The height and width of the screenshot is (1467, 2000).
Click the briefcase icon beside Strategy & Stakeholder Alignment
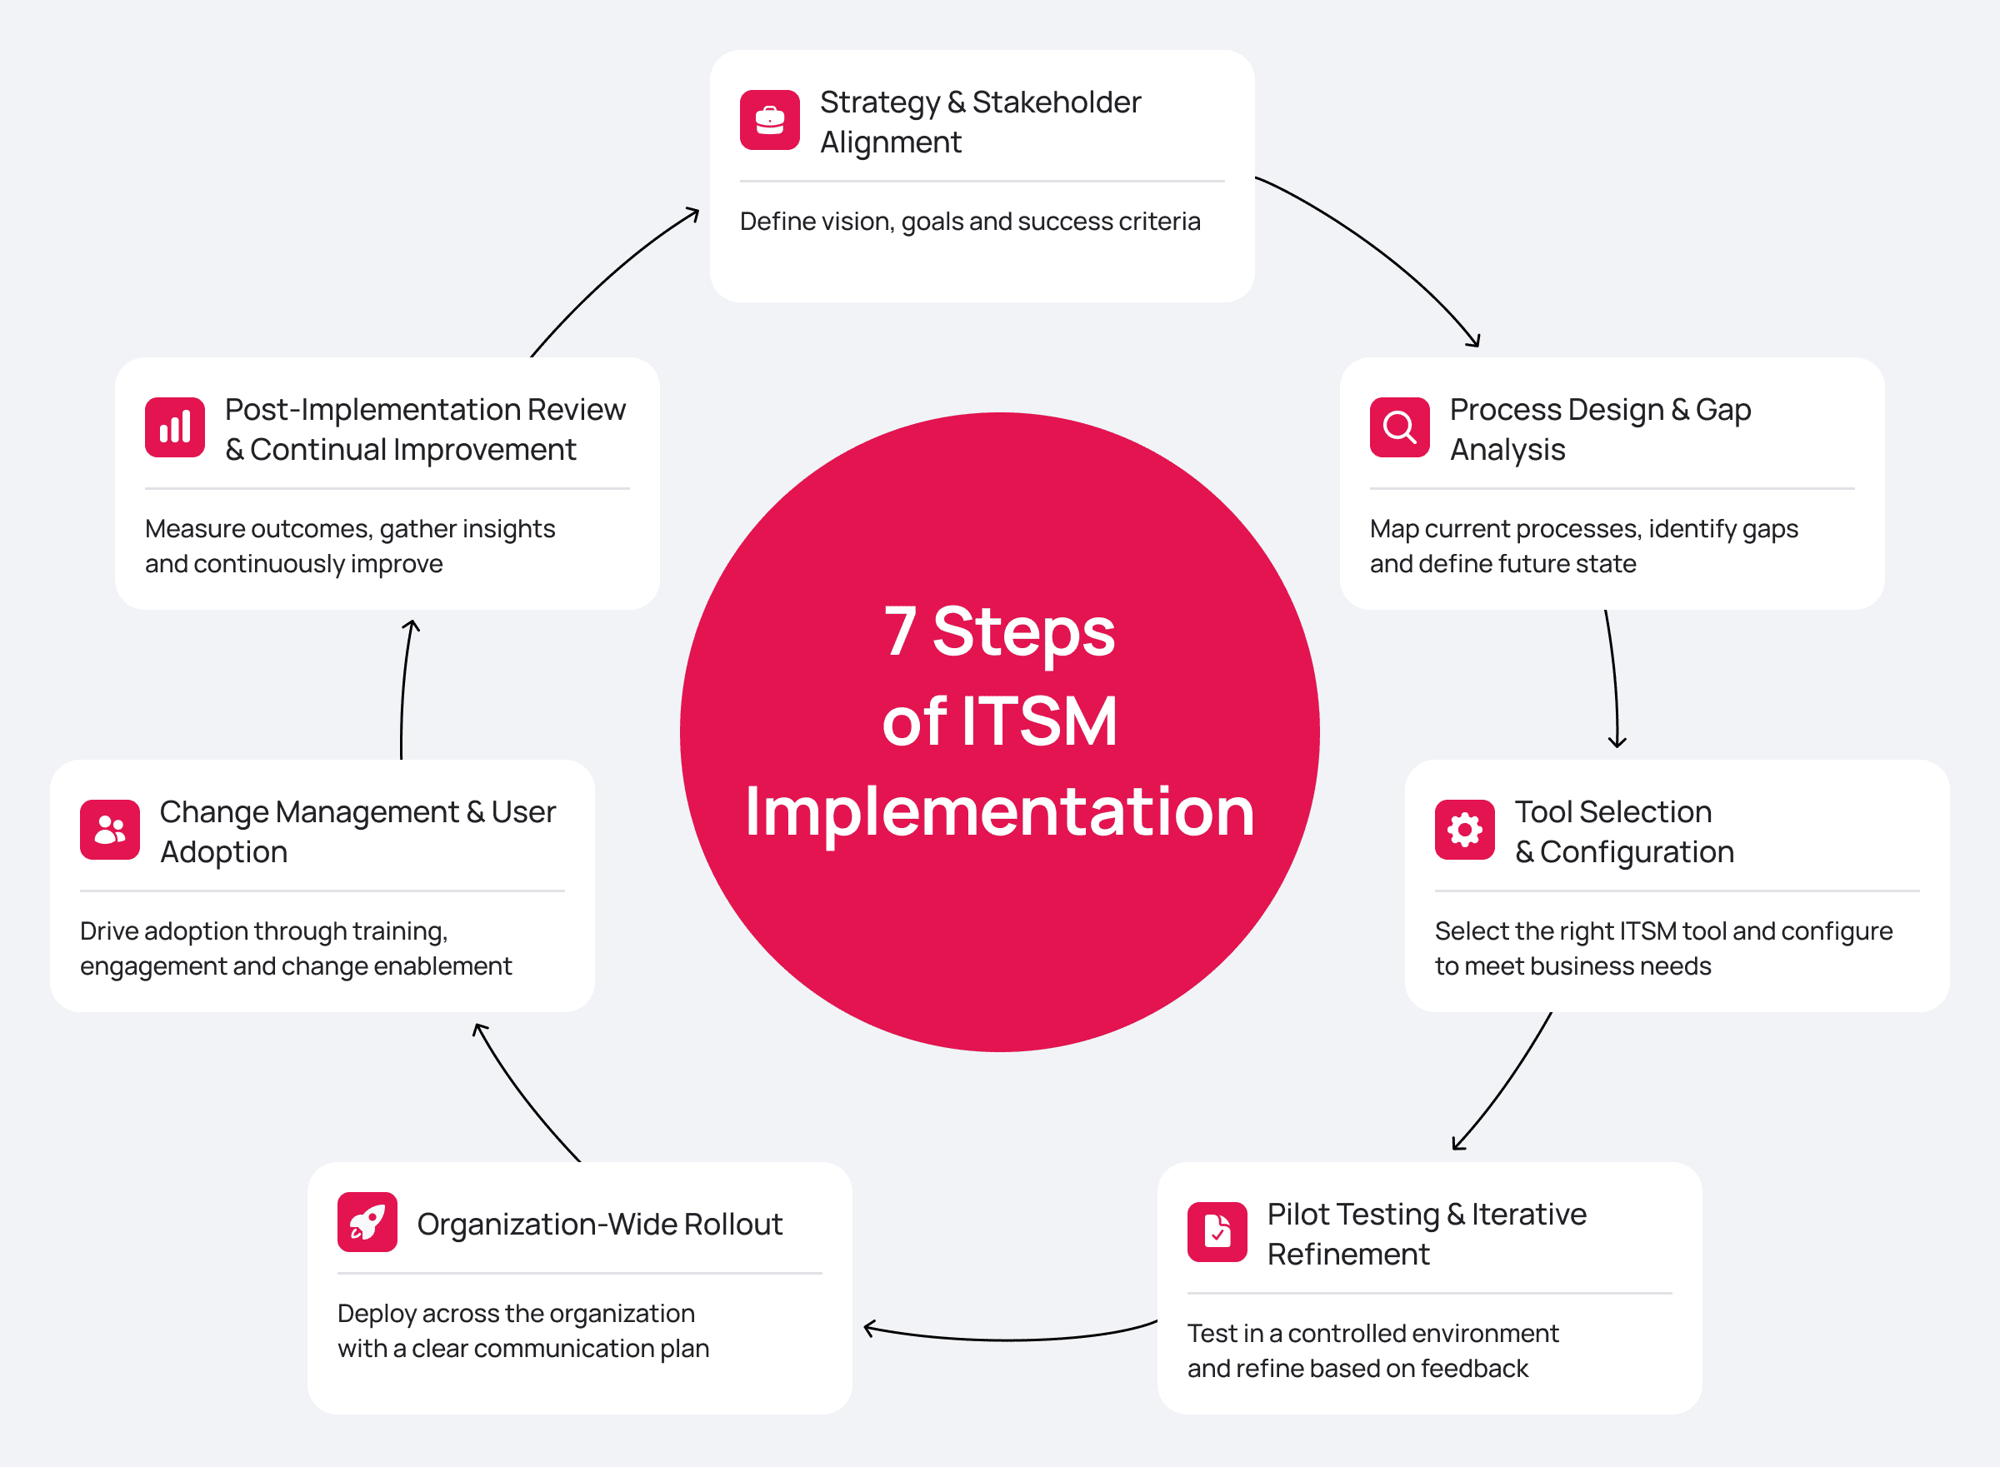[x=770, y=120]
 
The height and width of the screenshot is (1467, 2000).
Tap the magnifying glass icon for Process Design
[x=1400, y=427]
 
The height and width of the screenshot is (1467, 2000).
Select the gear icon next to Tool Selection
[x=1464, y=830]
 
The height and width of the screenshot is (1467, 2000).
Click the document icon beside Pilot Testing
[x=1217, y=1232]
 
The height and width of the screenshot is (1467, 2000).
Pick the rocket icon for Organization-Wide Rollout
[x=367, y=1222]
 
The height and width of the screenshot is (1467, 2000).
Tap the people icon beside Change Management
[x=110, y=830]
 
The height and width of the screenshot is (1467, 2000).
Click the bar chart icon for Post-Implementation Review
[x=175, y=427]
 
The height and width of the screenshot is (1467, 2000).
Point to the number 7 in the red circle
[x=900, y=631]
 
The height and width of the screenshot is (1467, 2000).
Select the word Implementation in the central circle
[x=999, y=812]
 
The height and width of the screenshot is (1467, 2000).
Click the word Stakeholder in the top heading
[x=1056, y=102]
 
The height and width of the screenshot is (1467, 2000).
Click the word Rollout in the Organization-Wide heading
[x=732, y=1224]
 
